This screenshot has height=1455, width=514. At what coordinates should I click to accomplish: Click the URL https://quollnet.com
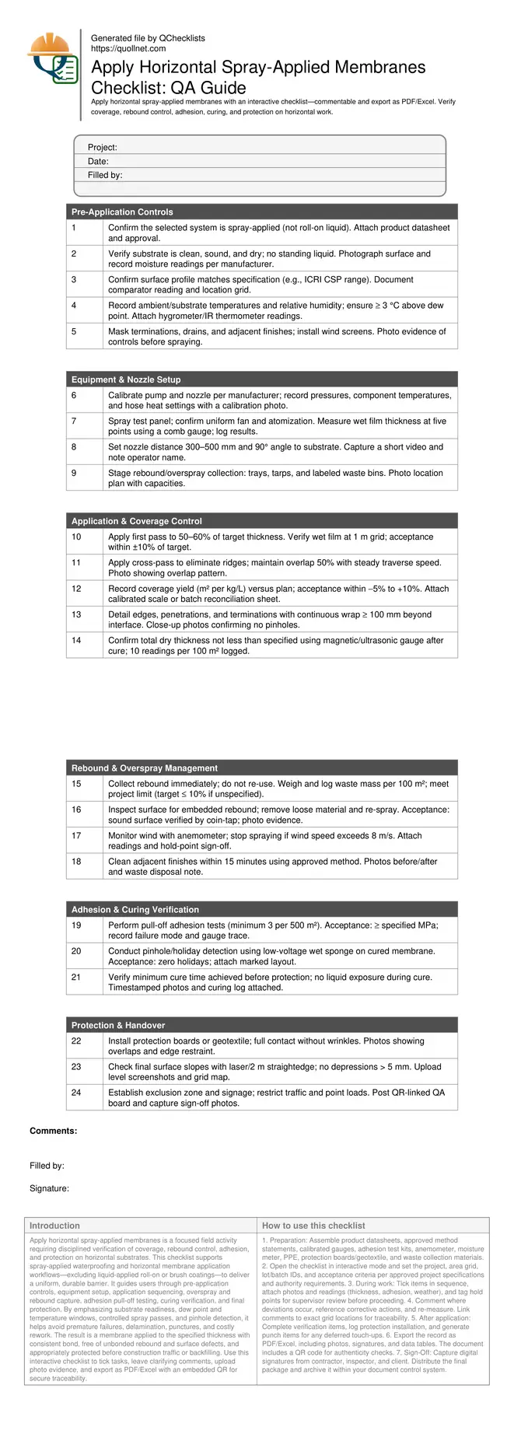point(128,49)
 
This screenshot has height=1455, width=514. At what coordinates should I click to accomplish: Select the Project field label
point(103,148)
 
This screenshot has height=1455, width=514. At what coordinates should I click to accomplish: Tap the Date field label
point(98,162)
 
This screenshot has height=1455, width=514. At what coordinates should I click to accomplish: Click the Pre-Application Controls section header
point(122,212)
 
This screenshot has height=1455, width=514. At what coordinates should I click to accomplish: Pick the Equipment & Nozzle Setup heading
point(126,380)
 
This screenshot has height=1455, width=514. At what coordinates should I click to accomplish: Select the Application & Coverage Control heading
point(136,522)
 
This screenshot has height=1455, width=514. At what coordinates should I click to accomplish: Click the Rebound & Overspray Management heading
point(145,768)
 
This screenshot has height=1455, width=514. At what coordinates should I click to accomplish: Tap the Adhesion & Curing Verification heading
point(135,910)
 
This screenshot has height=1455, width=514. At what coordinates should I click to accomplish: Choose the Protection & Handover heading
point(118,1026)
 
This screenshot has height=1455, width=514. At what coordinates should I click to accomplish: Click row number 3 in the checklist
point(74,280)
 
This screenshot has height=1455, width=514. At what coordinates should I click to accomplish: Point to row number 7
point(74,421)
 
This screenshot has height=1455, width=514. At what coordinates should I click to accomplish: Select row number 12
point(76,589)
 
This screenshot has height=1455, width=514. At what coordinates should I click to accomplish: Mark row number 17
point(76,836)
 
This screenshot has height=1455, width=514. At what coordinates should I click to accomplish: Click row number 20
point(76,951)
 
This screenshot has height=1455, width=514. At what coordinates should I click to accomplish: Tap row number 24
point(76,1093)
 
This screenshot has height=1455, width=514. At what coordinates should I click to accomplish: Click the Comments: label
point(54,1131)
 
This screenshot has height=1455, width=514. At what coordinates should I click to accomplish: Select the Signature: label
point(50,1189)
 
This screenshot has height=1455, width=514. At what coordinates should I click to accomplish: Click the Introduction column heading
point(54,1226)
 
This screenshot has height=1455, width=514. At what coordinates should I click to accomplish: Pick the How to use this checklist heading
point(313,1226)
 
